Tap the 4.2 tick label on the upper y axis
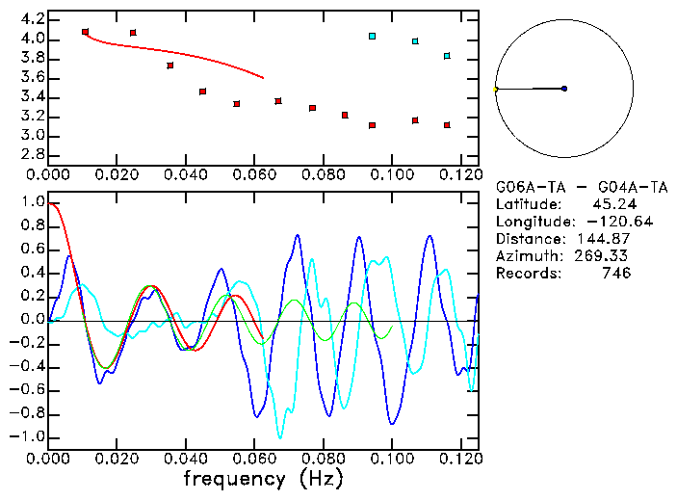coord(32,19)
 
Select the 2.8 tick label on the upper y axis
coord(32,154)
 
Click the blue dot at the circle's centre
coord(564,89)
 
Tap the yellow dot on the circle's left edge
coord(495,90)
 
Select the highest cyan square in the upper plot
coord(372,37)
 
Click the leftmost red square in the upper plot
coord(86,32)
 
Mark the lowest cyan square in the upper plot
coord(447,56)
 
